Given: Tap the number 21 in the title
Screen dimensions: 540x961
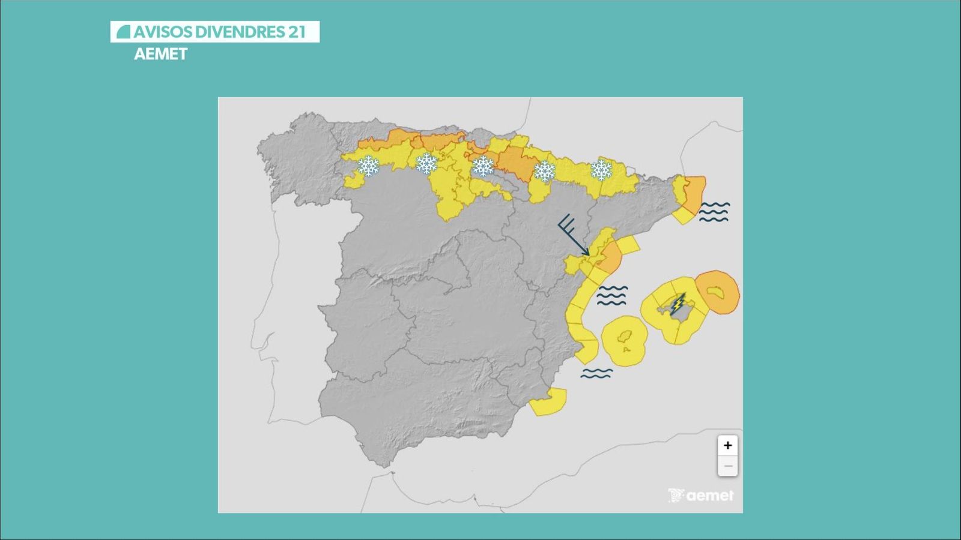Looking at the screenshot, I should (297, 32).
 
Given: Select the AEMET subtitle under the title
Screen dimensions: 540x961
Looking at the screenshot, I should (160, 54).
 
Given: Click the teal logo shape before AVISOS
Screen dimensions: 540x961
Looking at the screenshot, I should (123, 32).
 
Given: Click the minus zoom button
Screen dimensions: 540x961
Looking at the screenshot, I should (727, 466).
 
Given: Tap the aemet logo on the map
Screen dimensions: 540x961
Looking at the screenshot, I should (701, 496).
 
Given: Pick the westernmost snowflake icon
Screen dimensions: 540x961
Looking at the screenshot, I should (368, 166).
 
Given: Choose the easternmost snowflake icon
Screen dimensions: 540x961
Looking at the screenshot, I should (601, 170).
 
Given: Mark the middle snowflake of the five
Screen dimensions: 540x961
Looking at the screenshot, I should (483, 166).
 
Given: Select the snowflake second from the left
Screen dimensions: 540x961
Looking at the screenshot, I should (426, 163).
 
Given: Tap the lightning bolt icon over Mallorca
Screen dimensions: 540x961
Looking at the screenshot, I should (678, 304).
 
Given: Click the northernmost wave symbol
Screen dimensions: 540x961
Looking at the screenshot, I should (714, 212).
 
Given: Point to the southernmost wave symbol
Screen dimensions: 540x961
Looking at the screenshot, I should (596, 373).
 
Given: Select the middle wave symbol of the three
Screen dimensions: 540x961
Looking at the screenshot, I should (612, 295).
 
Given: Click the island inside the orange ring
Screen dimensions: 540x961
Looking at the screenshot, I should (715, 292).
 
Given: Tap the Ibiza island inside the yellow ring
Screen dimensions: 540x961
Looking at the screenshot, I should (625, 340).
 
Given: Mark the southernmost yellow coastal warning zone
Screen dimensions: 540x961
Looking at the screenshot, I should (548, 402).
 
